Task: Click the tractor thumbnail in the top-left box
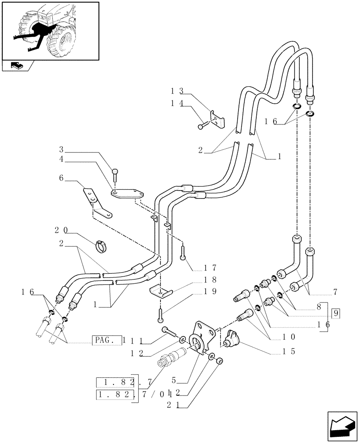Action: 50,30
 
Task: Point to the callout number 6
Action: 62,178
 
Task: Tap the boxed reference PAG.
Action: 106,340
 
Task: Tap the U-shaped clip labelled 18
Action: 160,293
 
